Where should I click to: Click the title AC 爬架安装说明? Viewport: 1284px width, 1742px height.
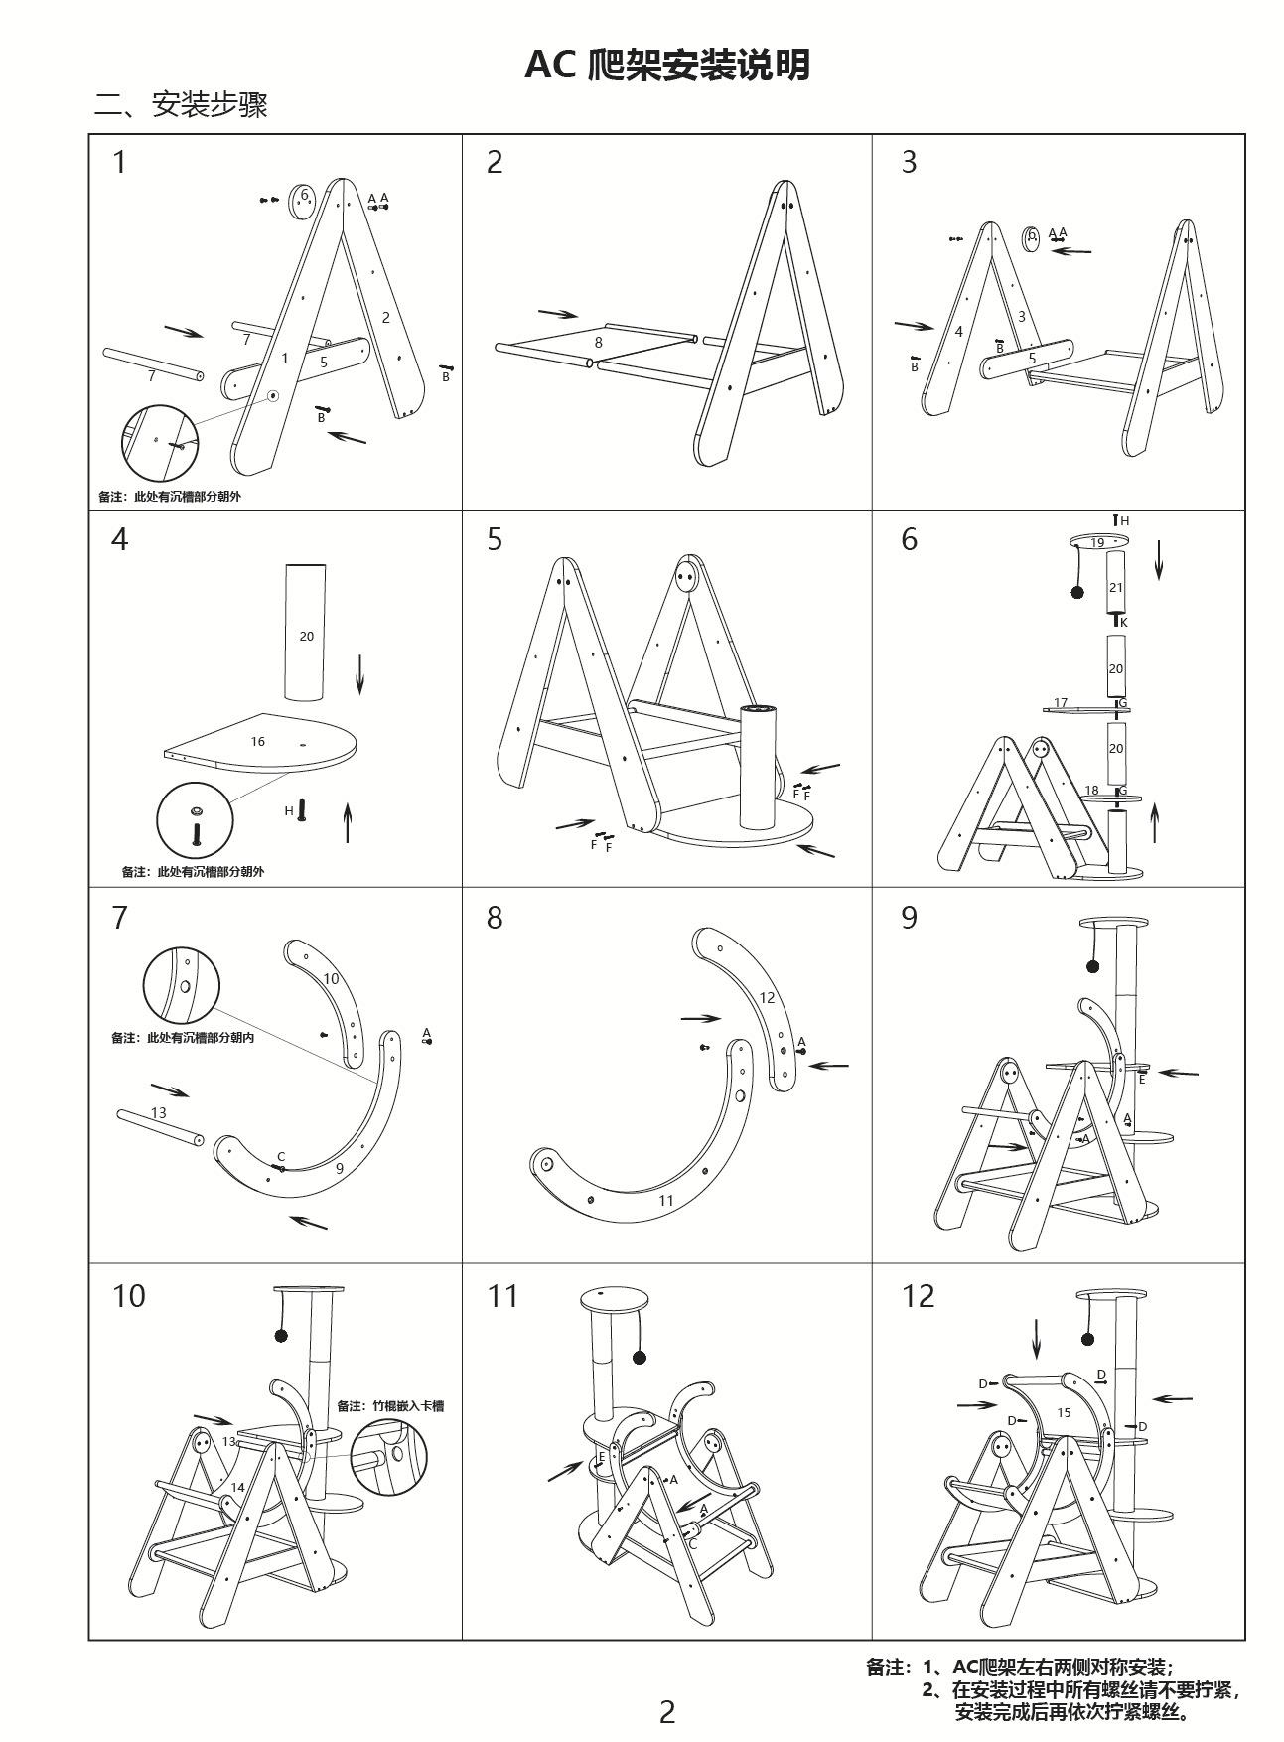[666, 66]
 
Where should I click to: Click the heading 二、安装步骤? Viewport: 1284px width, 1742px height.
[181, 104]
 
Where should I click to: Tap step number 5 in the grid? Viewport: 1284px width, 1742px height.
[495, 540]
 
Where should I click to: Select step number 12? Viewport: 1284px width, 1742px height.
[918, 1296]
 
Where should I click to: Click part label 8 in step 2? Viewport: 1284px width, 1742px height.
[598, 342]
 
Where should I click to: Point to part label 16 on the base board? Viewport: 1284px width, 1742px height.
[258, 741]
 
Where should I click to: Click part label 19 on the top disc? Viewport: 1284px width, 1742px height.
[1097, 542]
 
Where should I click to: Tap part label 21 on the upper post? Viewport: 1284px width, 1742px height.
[1116, 587]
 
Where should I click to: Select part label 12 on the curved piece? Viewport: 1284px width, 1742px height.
[767, 997]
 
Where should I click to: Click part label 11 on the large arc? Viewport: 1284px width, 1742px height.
[666, 1200]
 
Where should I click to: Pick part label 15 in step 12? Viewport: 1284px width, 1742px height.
[1064, 1412]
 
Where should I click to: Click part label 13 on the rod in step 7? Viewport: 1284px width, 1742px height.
[159, 1113]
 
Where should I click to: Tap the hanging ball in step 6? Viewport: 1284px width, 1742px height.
[1076, 592]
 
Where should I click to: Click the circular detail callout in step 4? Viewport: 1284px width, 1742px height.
[196, 819]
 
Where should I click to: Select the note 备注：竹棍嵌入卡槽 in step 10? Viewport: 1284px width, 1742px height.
[390, 1405]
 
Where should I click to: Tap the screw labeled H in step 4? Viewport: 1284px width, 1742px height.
[302, 810]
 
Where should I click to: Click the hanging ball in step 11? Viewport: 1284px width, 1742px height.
[641, 1357]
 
